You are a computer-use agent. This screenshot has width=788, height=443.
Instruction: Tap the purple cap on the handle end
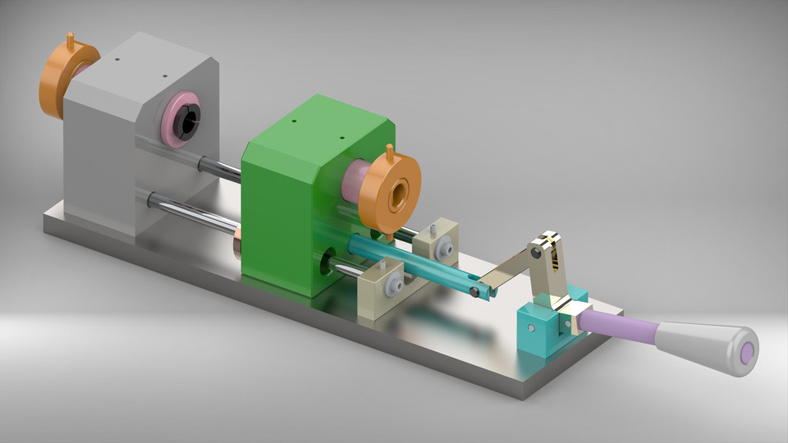[747, 353]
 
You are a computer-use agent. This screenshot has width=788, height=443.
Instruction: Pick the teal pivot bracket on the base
[538, 328]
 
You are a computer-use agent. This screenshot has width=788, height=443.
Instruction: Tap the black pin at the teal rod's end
[475, 291]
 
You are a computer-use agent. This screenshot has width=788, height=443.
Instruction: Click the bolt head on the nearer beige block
[393, 284]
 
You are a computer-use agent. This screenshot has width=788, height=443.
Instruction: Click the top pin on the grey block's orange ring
[71, 38]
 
